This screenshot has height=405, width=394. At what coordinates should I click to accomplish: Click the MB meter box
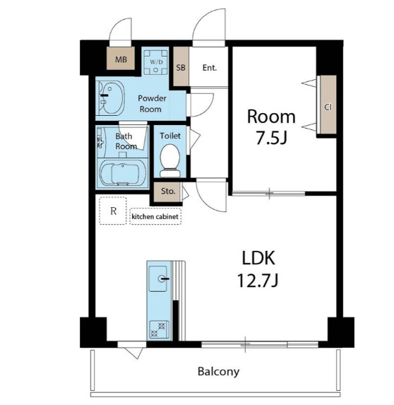pos(121,59)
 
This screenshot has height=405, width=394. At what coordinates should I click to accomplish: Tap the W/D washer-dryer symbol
pos(156,62)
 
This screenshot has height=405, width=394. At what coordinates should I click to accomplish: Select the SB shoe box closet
pos(181,66)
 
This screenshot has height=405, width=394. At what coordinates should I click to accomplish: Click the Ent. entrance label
pos(209,68)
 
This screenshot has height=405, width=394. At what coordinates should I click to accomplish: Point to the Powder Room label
pos(152,104)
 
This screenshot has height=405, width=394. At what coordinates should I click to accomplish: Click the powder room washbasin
pos(110,99)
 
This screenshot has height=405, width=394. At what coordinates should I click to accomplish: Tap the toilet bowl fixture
pos(169,160)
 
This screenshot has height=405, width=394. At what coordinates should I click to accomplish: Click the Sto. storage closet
pos(167,192)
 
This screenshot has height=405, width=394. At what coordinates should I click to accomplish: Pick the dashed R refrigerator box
pos(113,211)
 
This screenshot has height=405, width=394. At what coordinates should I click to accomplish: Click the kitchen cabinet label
pos(155,216)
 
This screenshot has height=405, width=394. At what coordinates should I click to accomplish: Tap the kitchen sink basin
pos(158,278)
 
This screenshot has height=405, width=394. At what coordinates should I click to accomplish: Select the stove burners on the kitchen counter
pos(158,329)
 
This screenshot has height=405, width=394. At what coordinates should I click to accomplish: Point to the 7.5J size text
pos(271,138)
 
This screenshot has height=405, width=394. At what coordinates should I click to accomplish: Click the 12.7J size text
pos(258,281)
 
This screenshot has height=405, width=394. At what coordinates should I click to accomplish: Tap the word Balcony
pos(218,372)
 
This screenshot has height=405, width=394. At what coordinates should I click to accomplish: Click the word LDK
pos(258,258)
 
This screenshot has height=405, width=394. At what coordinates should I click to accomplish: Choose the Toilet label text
pos(170,136)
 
